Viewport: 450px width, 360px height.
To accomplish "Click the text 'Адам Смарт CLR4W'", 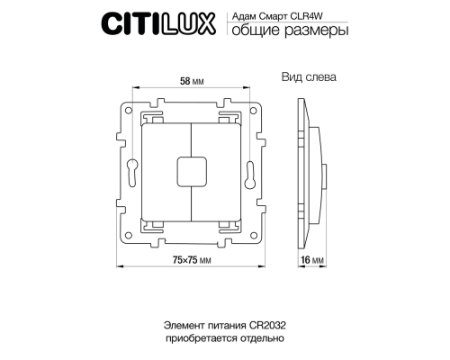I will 269,15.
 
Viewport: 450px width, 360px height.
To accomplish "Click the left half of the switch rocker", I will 167,168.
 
